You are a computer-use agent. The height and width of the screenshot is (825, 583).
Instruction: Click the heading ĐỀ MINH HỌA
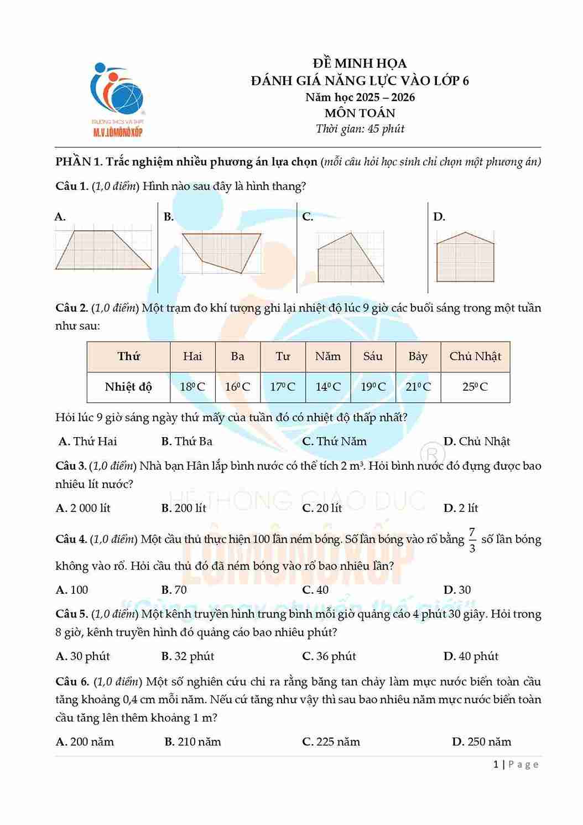click(x=360, y=64)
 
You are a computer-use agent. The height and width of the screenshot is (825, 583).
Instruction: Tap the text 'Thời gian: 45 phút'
click(x=360, y=129)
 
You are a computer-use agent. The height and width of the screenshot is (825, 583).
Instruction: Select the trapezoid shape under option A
click(x=103, y=250)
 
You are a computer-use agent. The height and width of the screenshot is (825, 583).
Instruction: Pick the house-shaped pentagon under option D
click(x=465, y=257)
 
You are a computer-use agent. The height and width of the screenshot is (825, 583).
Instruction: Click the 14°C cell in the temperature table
click(x=328, y=387)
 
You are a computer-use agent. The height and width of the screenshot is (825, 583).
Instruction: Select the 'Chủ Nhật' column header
click(x=475, y=356)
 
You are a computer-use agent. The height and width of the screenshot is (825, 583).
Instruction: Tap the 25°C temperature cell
click(x=475, y=387)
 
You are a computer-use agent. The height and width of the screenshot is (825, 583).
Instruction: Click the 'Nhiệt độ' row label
click(x=128, y=387)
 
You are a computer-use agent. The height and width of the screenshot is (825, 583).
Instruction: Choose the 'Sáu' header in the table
click(x=373, y=356)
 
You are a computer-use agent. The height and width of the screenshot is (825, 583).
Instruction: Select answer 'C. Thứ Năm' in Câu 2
click(x=334, y=442)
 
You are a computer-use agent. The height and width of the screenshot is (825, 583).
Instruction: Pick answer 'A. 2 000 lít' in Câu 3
click(x=84, y=508)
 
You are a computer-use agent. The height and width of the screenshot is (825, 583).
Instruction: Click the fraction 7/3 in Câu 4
click(x=472, y=540)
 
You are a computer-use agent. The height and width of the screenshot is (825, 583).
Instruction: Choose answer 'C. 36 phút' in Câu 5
click(x=329, y=656)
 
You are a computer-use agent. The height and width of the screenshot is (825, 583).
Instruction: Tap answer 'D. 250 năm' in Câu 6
click(x=481, y=742)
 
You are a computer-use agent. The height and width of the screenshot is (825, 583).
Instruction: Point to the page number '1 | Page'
click(x=516, y=765)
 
